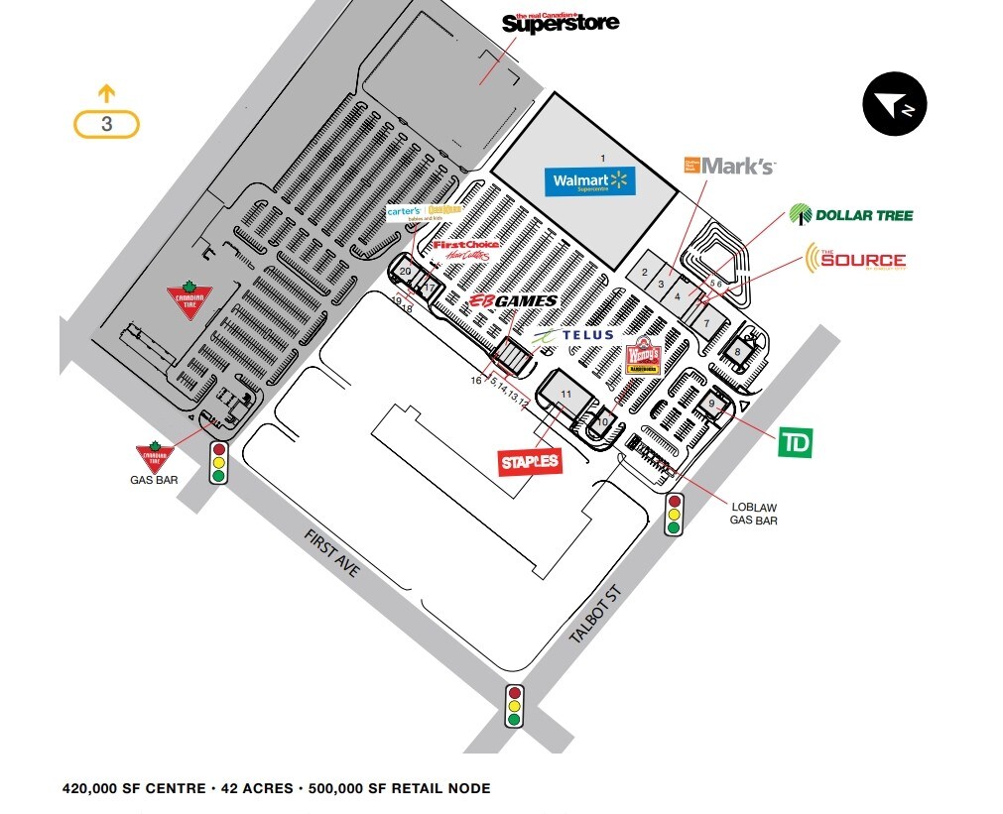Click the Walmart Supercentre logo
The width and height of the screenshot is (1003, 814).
click(589, 181)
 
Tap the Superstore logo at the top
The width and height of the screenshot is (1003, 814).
click(561, 22)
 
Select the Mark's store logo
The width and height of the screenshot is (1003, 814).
click(729, 166)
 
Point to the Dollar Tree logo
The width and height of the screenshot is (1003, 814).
click(850, 214)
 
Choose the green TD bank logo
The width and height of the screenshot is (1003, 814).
click(794, 443)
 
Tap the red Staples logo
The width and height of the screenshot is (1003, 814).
click(530, 461)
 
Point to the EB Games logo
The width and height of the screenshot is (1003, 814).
click(512, 301)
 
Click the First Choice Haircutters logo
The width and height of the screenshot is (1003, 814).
click(465, 250)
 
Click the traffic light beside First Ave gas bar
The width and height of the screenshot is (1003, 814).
click(218, 463)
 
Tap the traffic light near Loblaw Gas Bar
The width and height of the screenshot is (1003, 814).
click(674, 515)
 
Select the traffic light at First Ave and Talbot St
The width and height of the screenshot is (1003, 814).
click(514, 705)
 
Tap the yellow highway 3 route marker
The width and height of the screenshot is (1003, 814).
click(106, 124)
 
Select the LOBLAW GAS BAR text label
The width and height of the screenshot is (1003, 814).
click(754, 514)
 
